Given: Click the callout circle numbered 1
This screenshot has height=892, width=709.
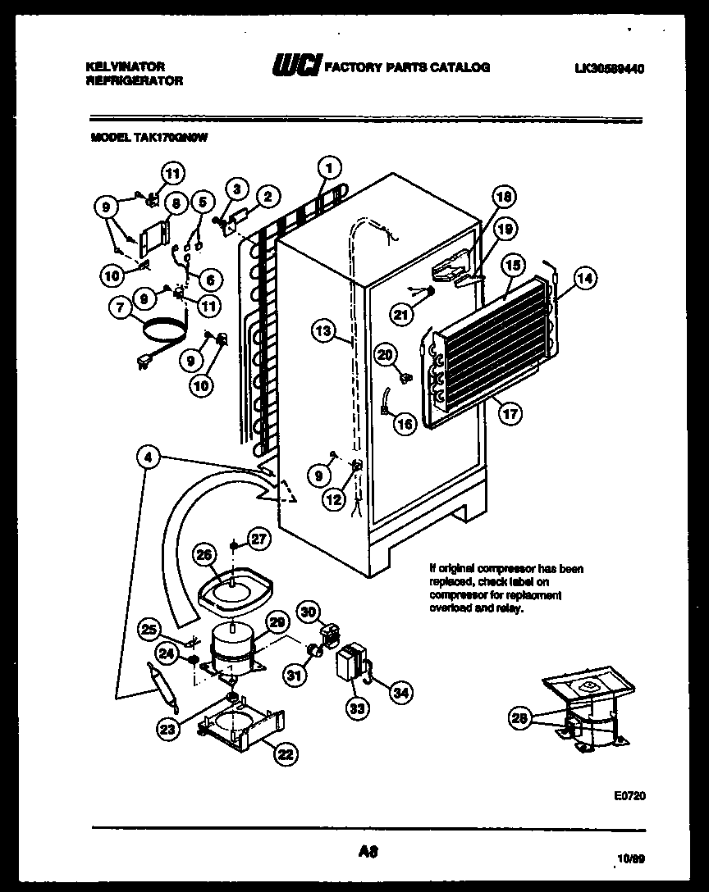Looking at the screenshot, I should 328,167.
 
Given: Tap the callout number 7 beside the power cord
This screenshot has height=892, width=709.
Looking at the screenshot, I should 121,308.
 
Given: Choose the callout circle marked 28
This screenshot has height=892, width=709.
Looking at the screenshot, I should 518,719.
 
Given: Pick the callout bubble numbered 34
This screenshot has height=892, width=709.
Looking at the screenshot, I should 400,694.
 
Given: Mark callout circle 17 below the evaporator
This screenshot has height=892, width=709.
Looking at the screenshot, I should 510,414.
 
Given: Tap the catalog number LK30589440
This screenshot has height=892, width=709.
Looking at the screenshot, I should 610,69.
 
